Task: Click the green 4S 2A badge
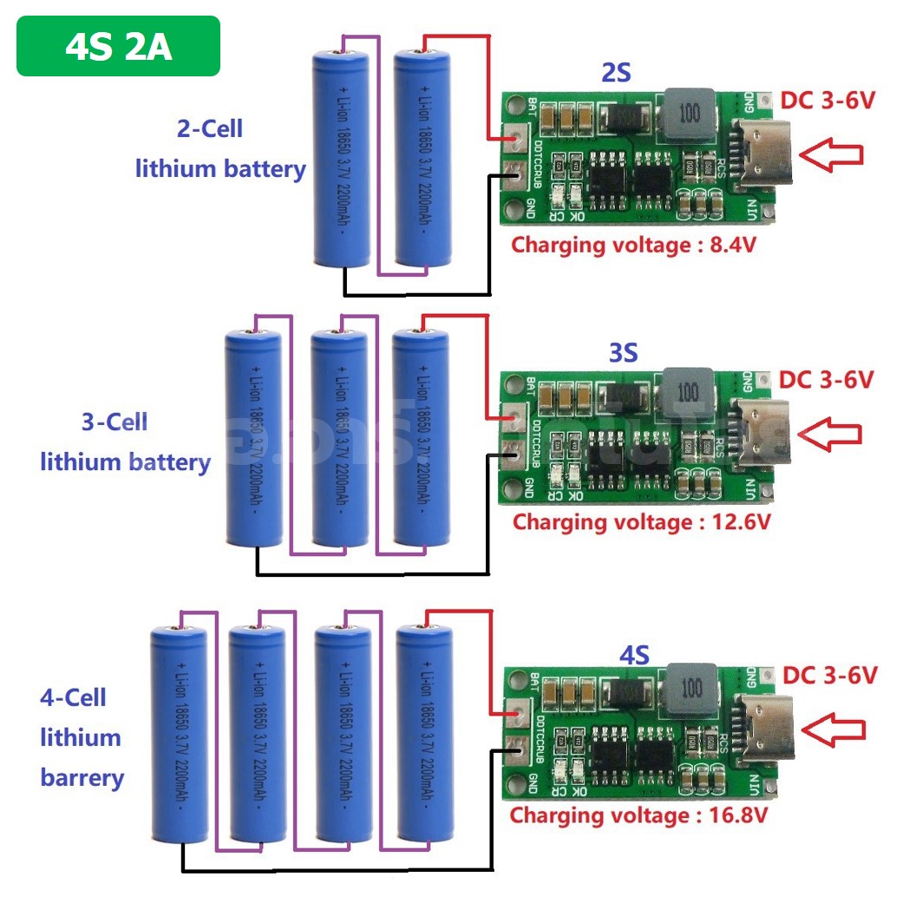coord(118,46)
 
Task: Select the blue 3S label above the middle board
coord(623,353)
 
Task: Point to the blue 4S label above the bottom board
coord(634,653)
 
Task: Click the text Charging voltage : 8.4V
coord(633,245)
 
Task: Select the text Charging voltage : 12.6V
coord(641,522)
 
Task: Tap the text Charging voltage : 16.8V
coord(638,815)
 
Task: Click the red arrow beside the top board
coord(831,154)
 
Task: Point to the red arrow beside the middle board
coord(830,434)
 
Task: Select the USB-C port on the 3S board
coord(762,430)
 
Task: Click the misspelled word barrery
coord(82,777)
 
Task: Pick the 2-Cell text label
coord(209,129)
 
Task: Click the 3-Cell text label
coord(114,422)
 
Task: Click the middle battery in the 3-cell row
coord(340,438)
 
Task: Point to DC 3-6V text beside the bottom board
coord(830,675)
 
